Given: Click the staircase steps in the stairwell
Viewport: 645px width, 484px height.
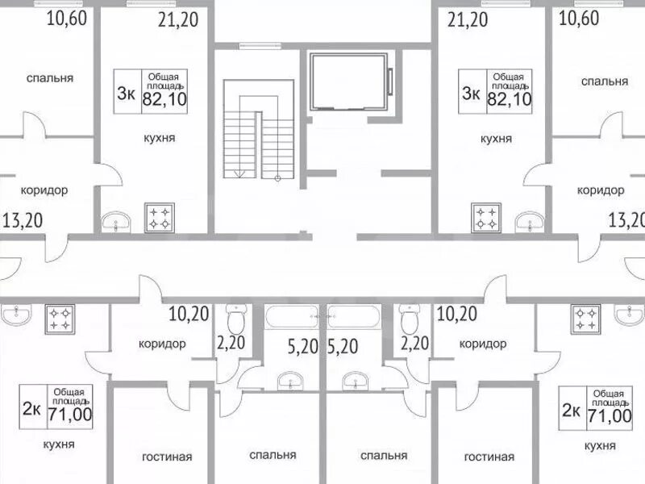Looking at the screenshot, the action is click(259, 129).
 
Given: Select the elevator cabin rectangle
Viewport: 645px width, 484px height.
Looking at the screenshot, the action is click(349, 81).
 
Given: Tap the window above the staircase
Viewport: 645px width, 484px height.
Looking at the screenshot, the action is click(260, 46).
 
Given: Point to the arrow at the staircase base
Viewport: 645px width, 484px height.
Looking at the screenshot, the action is click(239, 174).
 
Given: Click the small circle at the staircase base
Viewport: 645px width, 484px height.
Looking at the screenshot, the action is click(277, 178).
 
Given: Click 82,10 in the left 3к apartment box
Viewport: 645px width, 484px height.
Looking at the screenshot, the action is click(164, 99).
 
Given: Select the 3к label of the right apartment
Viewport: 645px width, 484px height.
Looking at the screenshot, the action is click(471, 93).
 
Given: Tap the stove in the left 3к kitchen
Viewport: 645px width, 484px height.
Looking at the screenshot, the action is click(159, 218).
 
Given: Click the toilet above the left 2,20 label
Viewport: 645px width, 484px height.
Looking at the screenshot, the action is click(235, 319).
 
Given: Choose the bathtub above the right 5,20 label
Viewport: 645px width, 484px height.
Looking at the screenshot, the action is click(353, 316).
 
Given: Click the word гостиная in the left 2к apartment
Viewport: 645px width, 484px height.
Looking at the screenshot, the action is click(167, 457).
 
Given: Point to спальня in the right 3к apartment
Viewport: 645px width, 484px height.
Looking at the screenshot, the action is click(604, 81).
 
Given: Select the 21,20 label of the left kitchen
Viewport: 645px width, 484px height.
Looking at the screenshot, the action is click(178, 19).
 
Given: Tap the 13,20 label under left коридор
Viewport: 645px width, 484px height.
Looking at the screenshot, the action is click(23, 220).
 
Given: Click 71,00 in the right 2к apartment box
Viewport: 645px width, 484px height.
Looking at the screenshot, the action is click(610, 415).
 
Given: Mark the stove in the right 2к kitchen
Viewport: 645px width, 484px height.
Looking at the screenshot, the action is click(586, 319).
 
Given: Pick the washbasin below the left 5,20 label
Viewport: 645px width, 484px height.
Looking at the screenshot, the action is click(290, 381).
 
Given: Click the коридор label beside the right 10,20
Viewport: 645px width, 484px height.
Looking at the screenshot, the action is click(482, 344).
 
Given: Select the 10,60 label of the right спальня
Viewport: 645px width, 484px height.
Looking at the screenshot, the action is click(579, 18).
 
